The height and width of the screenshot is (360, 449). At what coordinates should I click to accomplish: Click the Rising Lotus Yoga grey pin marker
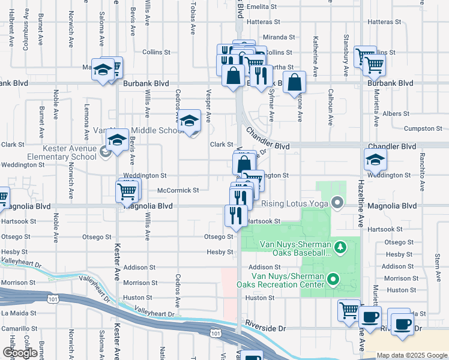tap(337, 203)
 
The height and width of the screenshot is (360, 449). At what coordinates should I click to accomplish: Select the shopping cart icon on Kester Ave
tap(127, 191)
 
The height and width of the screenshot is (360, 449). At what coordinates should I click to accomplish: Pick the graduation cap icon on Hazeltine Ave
tap(375, 160)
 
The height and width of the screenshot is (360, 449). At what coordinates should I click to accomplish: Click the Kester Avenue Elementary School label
tap(69, 152)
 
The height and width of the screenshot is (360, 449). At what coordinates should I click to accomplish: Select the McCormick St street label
tap(178, 190)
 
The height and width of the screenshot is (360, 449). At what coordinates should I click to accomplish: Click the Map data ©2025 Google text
tap(412, 355)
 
